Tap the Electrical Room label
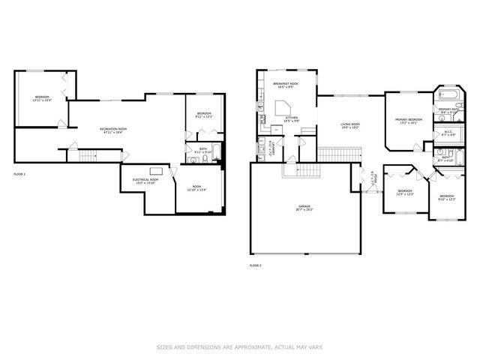click(x=144, y=181)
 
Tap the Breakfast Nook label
click(x=285, y=85)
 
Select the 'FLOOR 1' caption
click(x=19, y=175)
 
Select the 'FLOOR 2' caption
click(x=255, y=265)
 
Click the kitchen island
click(x=283, y=112)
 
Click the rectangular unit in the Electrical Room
click(x=157, y=170)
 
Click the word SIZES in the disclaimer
click(x=164, y=347)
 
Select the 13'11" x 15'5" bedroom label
click(x=43, y=98)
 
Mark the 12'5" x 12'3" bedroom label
click(x=405, y=193)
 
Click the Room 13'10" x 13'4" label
click(x=196, y=188)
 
